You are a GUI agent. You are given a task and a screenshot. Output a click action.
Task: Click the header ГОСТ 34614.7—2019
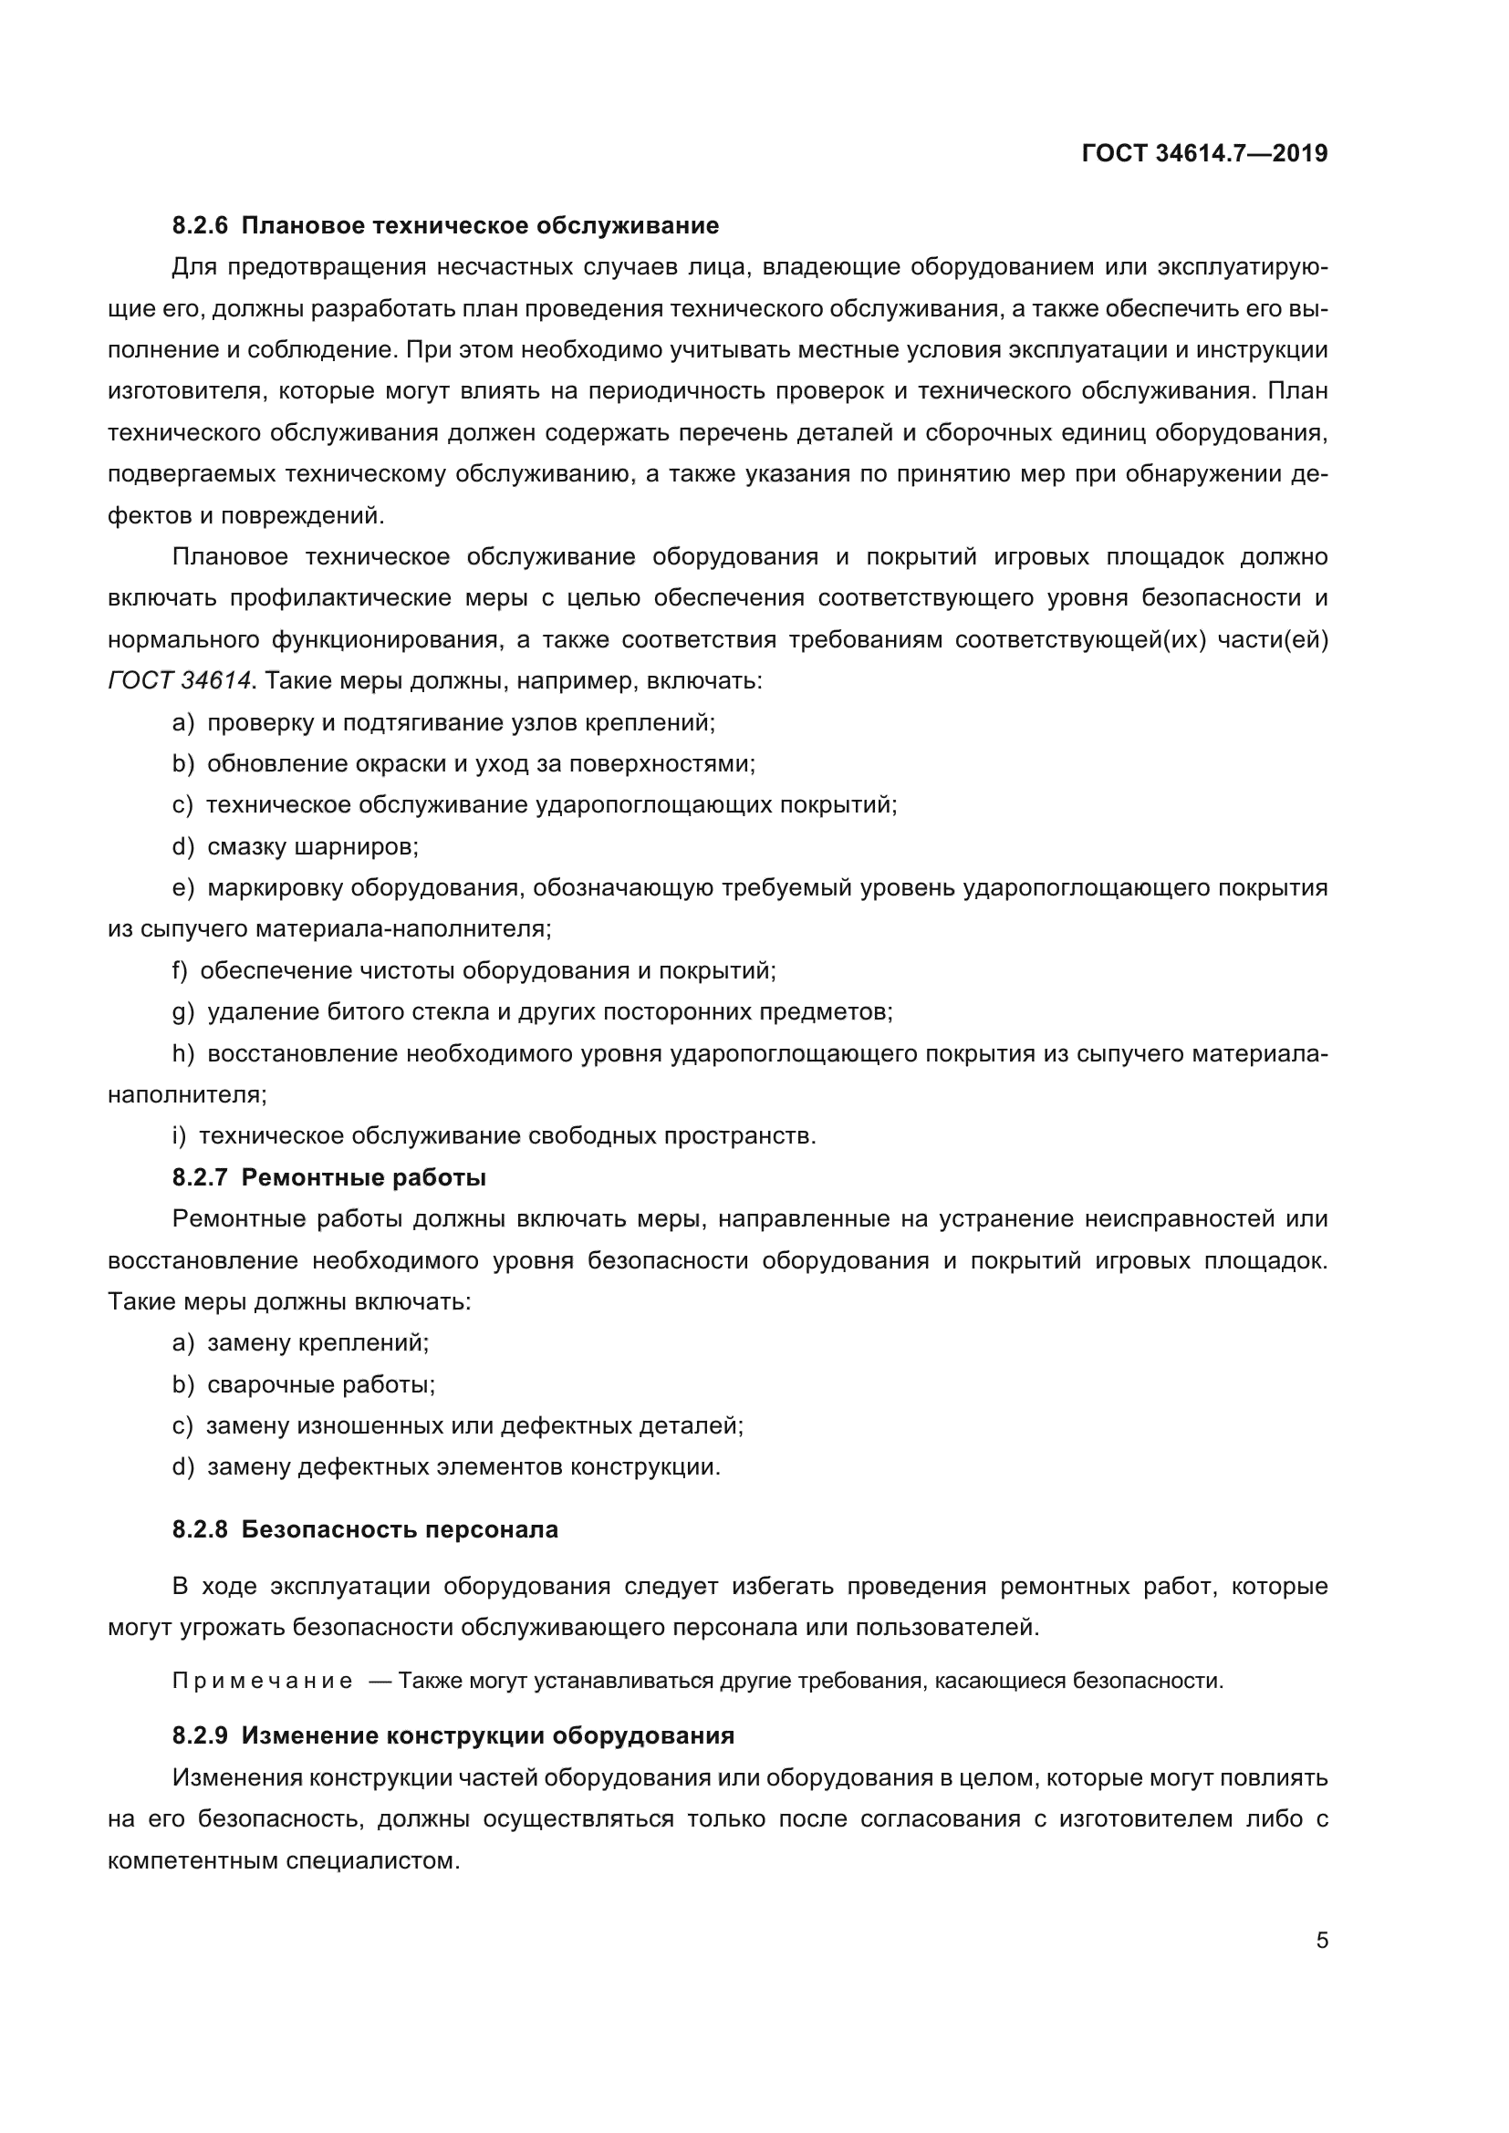tap(1204, 154)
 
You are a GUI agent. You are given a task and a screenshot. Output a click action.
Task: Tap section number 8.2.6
tap(200, 226)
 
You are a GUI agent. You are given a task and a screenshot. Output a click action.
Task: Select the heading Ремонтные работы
tap(363, 1178)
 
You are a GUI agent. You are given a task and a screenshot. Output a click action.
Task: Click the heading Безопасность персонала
tap(400, 1529)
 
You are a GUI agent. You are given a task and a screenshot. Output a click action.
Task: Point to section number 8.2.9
tap(200, 1735)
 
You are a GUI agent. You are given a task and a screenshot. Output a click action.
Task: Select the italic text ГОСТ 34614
tap(180, 681)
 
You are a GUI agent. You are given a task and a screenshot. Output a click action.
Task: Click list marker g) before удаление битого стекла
tap(183, 1011)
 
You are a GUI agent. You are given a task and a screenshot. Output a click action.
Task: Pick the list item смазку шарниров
tap(312, 847)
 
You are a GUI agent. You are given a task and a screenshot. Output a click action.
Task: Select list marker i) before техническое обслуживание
tap(180, 1136)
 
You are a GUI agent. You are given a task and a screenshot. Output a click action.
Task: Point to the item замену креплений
tap(317, 1342)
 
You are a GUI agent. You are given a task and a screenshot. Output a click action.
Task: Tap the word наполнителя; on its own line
tap(187, 1094)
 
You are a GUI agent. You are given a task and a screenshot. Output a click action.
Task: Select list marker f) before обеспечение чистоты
tap(180, 971)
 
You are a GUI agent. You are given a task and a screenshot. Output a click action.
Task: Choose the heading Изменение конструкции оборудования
tap(487, 1735)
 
